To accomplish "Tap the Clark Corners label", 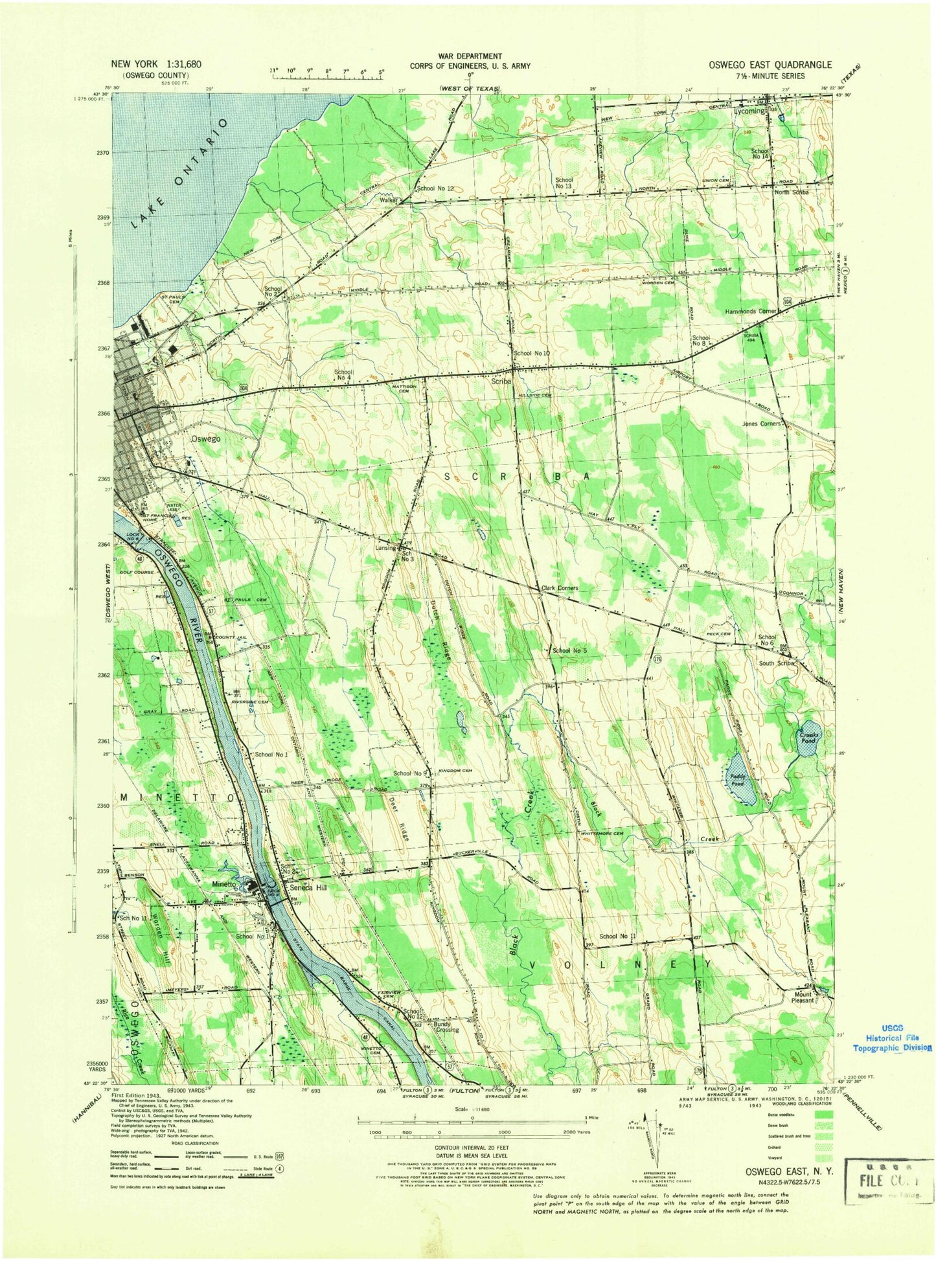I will click(x=559, y=588).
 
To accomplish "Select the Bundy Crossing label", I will click(x=446, y=1027).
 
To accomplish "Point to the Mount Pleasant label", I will click(x=802, y=997).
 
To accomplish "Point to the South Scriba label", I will click(x=776, y=663).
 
